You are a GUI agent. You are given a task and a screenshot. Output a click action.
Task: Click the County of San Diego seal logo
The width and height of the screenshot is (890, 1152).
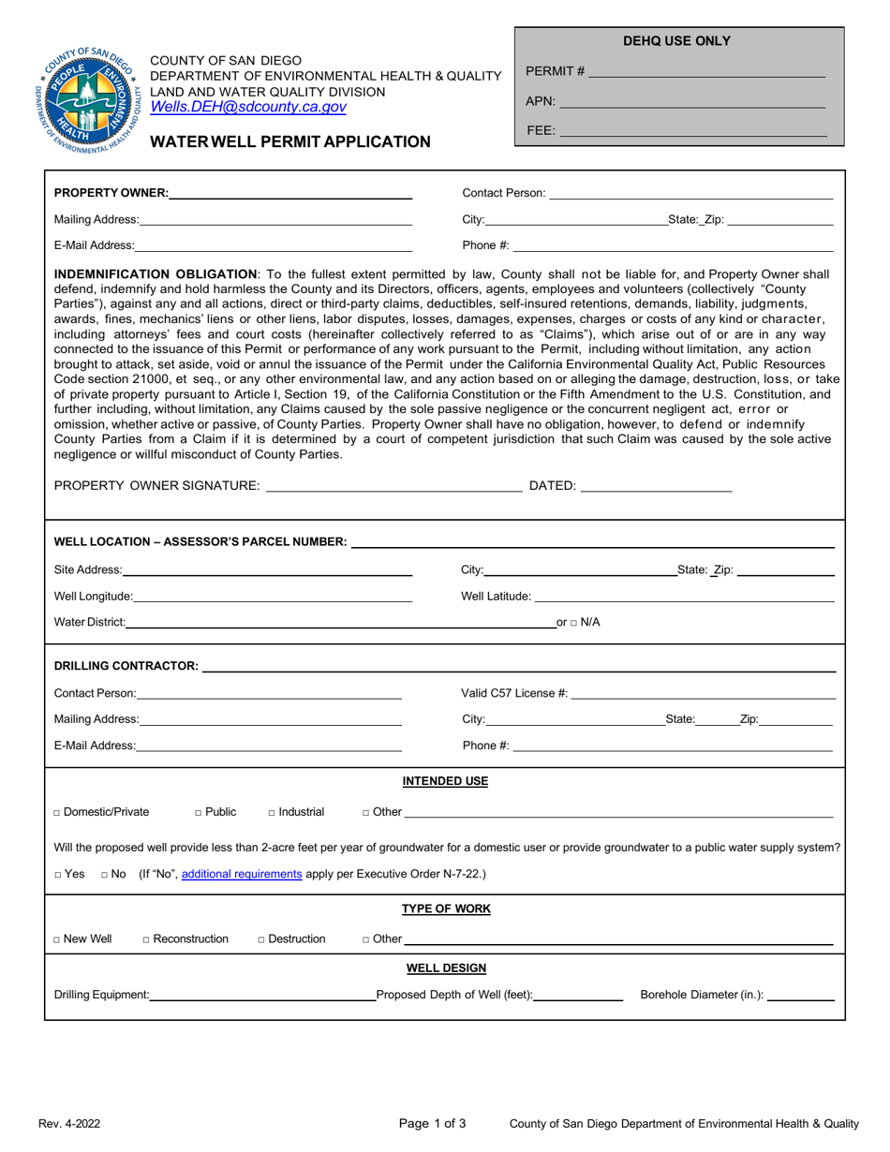tap(90, 92)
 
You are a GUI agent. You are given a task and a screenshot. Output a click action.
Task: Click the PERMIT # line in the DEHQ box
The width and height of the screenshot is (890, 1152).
tap(706, 71)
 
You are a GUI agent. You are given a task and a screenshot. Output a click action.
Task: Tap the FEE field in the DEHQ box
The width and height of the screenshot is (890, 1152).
tap(692, 132)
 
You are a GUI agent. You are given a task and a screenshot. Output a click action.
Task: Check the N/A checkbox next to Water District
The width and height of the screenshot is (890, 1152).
tap(574, 623)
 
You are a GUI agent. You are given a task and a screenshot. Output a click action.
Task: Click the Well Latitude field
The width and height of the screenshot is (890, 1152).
tap(684, 596)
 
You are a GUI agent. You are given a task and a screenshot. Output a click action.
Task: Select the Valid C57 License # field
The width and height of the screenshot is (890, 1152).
tap(703, 693)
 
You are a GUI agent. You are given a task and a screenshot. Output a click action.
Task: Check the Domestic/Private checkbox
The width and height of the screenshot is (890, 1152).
tap(58, 813)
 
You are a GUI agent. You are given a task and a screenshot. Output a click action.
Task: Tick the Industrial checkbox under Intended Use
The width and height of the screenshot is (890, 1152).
tap(272, 813)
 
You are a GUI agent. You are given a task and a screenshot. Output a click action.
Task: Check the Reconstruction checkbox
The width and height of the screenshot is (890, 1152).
tap(146, 939)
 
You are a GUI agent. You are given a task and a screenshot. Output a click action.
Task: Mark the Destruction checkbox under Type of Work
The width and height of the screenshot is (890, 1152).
tap(261, 939)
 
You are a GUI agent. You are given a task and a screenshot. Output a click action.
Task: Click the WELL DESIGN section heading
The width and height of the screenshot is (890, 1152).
tap(445, 967)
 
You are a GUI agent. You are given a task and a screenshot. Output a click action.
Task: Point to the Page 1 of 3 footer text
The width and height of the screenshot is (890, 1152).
tap(432, 1123)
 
